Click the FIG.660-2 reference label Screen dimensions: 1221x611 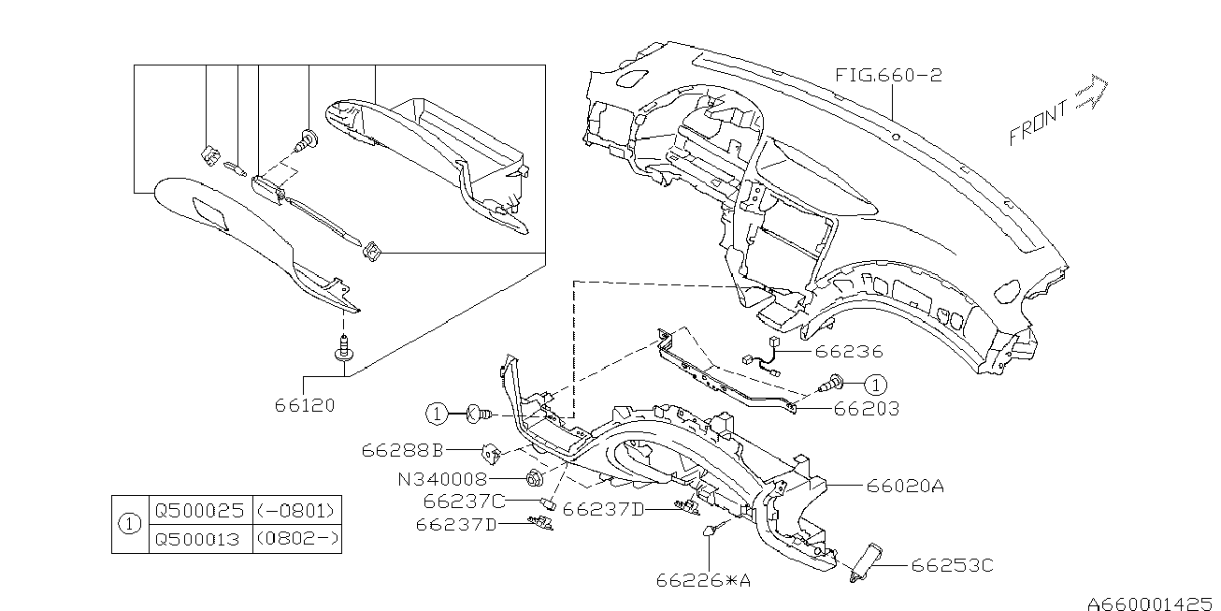point(888,75)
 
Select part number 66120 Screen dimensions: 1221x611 point(305,405)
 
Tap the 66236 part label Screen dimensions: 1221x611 point(849,351)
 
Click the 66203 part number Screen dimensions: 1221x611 point(866,409)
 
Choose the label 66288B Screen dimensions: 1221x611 point(402,451)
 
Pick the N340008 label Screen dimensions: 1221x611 point(442,479)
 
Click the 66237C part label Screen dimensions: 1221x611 point(465,501)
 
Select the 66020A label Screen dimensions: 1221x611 point(905,485)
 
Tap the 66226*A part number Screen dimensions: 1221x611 point(703,580)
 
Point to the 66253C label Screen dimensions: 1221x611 point(953,566)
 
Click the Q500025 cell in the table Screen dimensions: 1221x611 point(200,511)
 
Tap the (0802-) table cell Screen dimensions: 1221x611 point(297,540)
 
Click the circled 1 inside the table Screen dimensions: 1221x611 point(130,525)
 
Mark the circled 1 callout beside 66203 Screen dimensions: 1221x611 point(875,386)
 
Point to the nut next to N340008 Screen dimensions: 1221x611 point(533,478)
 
